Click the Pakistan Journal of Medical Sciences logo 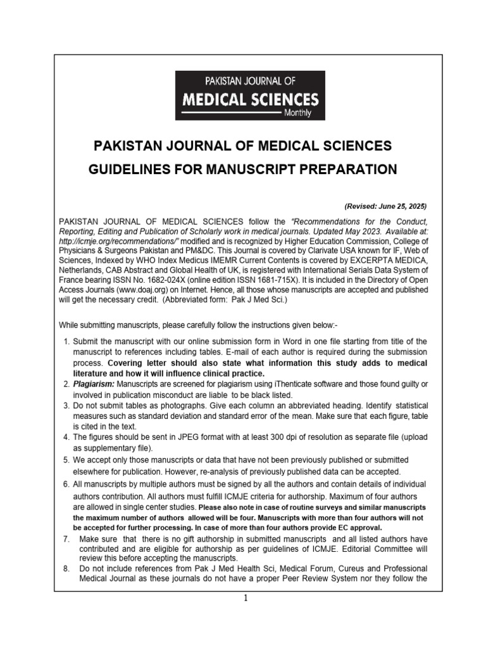coord(249,96)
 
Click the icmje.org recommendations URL coord(120,242)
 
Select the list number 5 coord(66,459)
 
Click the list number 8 coord(65,569)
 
